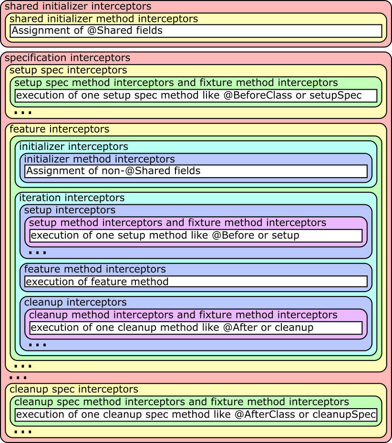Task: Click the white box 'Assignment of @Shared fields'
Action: pyautogui.click(x=196, y=31)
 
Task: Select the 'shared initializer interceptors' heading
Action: pyautogui.click(x=78, y=7)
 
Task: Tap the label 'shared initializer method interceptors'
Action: pyautogui.click(x=103, y=19)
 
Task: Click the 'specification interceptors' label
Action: pyautogui.click(x=67, y=58)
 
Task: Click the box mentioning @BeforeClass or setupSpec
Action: pyautogui.click(x=196, y=95)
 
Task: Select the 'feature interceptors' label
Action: pyautogui.click(x=59, y=129)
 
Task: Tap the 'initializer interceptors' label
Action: pyautogui.click(x=73, y=147)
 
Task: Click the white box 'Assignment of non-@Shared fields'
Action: pyautogui.click(x=196, y=171)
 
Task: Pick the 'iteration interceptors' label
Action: pyautogui.click(x=72, y=198)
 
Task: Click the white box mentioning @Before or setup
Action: pyautogui.click(x=196, y=235)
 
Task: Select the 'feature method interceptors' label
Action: pyautogui.click(x=95, y=269)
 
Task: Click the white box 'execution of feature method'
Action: pyautogui.click(x=196, y=282)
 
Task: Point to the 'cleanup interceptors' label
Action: pyautogui.click(x=75, y=302)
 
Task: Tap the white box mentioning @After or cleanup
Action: pyautogui.click(x=196, y=328)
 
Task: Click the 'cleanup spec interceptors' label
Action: pyautogui.click(x=74, y=389)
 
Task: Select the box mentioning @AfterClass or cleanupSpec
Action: pyautogui.click(x=196, y=414)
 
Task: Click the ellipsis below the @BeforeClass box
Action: pyautogui.click(x=23, y=113)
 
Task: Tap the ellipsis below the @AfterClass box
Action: pyautogui.click(x=23, y=432)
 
